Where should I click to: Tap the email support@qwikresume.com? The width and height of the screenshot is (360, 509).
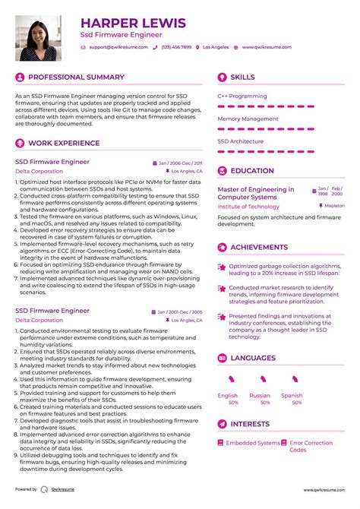tap(116, 47)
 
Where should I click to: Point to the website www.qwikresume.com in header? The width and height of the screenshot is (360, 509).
tap(267, 47)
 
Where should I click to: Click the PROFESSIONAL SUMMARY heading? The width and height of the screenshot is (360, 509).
tap(76, 77)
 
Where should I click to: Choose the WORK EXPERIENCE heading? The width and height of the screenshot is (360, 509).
tap(64, 143)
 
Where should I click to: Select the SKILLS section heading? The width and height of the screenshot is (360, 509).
tap(243, 77)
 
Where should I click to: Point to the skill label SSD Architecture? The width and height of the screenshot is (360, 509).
tap(240, 141)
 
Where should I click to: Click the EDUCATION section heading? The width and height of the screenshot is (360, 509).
tap(251, 171)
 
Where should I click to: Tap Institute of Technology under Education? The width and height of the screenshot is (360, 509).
tap(248, 207)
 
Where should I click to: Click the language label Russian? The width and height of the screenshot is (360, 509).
tap(260, 395)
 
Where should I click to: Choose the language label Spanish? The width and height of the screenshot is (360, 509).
tap(292, 395)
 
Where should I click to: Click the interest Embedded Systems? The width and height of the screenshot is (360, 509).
tap(253, 443)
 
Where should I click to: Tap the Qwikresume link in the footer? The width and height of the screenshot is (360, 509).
tap(65, 490)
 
